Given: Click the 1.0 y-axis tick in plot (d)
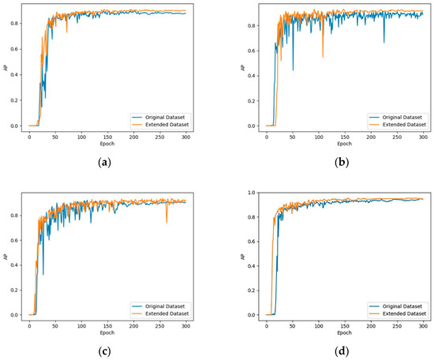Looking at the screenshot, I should [252, 193].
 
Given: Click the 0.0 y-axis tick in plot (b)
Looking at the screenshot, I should [252, 126].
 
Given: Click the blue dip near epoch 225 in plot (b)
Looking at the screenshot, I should [384, 42].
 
